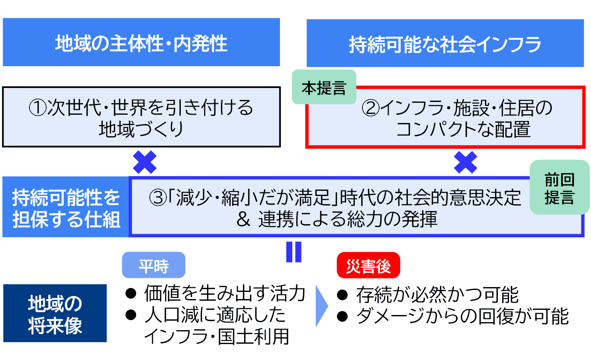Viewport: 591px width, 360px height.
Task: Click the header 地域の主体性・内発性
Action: (141, 42)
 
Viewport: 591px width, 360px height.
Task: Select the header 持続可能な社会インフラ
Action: (445, 43)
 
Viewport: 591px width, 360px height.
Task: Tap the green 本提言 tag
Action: (324, 87)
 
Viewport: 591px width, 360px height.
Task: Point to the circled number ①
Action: (38, 108)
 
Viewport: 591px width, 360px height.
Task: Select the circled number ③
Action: (158, 198)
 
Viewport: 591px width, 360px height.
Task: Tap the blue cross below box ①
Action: (145, 162)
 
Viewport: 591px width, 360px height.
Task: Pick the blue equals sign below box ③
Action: (294, 252)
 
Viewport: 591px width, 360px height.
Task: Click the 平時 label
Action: (153, 265)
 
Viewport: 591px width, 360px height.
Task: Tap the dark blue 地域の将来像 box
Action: (55, 313)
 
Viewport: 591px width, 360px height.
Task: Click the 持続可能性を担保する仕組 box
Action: (66, 207)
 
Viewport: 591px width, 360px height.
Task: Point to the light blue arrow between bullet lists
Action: (321, 306)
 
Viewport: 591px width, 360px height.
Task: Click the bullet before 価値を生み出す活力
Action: (131, 293)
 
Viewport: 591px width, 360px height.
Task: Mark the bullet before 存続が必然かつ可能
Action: (342, 295)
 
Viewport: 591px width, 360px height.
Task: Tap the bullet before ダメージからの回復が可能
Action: (342, 317)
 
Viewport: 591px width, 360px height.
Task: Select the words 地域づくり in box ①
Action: (141, 129)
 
